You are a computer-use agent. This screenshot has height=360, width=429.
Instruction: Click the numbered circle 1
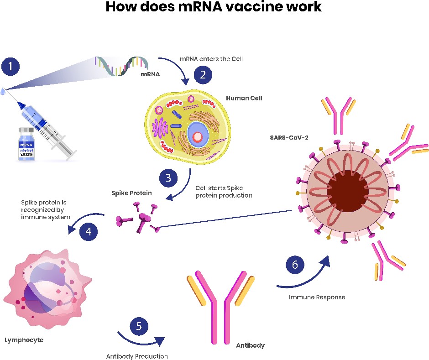tap(10, 67)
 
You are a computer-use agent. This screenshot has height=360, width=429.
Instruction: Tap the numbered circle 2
tap(203, 75)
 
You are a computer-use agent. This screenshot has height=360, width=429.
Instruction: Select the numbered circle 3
tap(168, 178)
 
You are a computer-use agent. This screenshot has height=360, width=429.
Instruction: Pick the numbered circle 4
tap(89, 231)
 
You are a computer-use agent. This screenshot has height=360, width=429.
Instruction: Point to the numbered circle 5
tap(139, 326)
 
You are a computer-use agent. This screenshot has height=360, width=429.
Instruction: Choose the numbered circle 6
tap(295, 265)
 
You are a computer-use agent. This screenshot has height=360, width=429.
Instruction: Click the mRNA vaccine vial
tap(26, 144)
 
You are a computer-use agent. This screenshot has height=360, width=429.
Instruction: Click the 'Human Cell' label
tap(244, 98)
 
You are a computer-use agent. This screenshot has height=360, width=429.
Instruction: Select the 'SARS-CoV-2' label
tap(289, 137)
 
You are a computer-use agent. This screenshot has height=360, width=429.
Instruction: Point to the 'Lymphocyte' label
tap(24, 340)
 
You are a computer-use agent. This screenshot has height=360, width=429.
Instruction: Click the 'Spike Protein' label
tap(131, 193)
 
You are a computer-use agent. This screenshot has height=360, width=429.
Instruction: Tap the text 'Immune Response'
tap(317, 297)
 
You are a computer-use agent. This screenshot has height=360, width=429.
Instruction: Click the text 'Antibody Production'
tap(137, 356)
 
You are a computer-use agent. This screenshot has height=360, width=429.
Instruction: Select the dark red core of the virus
tap(347, 191)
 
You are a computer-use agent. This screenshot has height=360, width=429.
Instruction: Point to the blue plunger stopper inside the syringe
tap(42, 123)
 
